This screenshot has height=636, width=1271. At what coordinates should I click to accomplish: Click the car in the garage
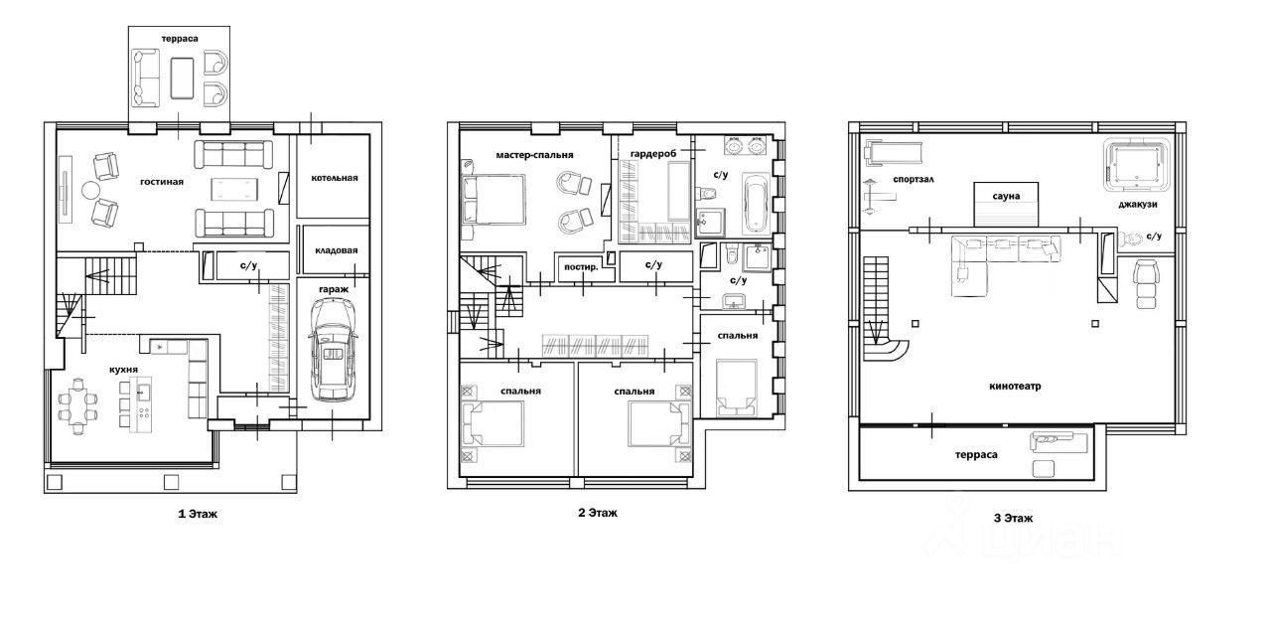point(333,350)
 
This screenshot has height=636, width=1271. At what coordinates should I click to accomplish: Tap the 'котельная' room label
point(335,178)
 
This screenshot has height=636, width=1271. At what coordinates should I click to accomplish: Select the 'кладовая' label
point(336,250)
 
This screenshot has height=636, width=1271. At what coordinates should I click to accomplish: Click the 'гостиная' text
point(162,182)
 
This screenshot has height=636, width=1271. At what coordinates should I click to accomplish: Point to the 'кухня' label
point(124,370)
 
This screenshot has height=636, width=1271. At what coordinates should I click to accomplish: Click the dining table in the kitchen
point(78,405)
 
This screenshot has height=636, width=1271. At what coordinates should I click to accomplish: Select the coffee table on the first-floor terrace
point(182,78)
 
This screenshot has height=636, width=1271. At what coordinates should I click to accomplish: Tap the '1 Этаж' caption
point(198,514)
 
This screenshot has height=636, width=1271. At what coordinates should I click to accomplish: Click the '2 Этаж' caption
point(598,513)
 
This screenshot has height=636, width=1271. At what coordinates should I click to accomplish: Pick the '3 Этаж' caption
point(1014,518)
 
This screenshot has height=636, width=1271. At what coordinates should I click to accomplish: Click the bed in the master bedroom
point(493,200)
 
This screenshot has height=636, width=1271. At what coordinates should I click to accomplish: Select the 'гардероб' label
point(653,154)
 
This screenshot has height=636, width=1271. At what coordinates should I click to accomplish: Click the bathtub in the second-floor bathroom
point(756,204)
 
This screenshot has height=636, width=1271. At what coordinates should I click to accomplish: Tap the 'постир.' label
point(581,267)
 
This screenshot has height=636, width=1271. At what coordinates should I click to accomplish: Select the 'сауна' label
point(1006,196)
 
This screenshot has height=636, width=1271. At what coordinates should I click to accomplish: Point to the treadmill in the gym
point(893,153)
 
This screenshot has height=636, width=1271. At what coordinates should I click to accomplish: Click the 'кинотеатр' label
point(1015,387)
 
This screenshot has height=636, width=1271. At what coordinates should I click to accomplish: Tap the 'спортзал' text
point(914,180)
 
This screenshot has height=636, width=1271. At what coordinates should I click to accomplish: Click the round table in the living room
point(90,190)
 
